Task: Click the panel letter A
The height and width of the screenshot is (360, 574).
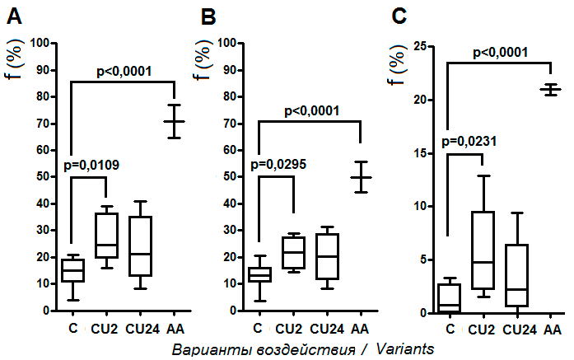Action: (14, 17)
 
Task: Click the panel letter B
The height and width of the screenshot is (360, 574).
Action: (209, 17)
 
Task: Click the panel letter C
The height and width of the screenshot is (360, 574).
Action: (400, 17)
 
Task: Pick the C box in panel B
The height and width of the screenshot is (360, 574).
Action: (260, 274)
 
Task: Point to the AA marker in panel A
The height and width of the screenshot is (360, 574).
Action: (174, 121)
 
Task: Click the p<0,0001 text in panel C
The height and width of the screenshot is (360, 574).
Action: (511, 53)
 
